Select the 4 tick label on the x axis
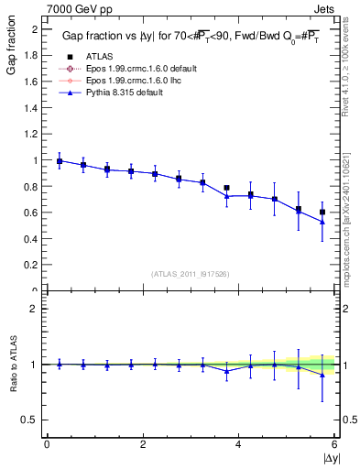(238, 445)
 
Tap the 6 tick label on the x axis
(334, 445)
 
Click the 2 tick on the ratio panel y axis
(37, 309)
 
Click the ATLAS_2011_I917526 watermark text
(189, 274)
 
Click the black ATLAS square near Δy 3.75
(226, 188)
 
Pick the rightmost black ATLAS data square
(322, 212)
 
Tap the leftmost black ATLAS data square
(60, 161)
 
